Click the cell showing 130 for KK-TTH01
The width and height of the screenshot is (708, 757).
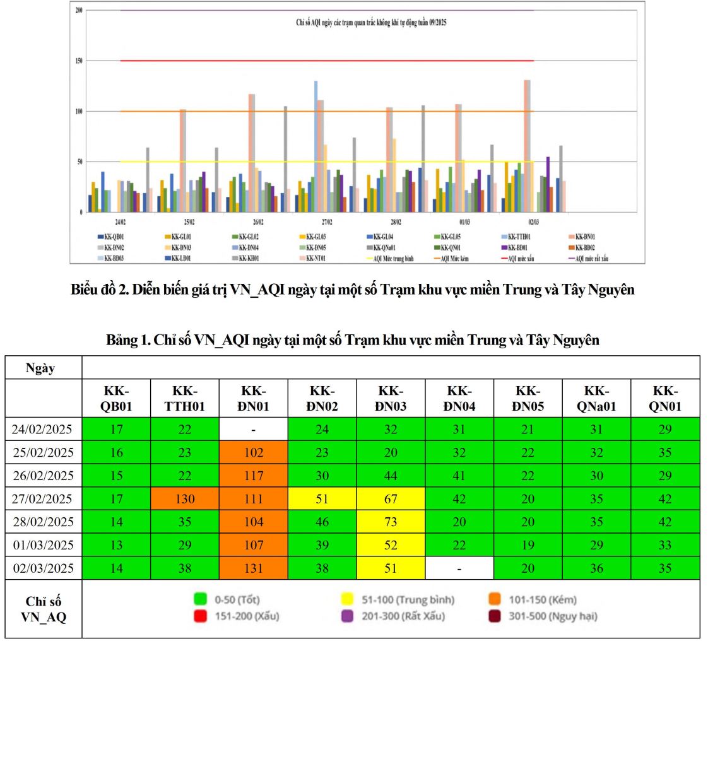[184, 499]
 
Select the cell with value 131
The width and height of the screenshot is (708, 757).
[253, 568]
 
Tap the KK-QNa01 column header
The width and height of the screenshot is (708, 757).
[596, 399]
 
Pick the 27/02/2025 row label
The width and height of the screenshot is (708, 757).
[43, 499]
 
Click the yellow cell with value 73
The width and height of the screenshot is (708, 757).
[391, 522]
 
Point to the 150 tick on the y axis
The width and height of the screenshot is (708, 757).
[79, 61]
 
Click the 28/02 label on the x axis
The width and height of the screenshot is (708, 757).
[396, 223]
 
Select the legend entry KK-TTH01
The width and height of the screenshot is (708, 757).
[519, 237]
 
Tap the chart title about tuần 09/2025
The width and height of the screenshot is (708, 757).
[371, 23]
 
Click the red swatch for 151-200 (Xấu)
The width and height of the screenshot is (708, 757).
[201, 616]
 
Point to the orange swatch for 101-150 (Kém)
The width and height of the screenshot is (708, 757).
[495, 599]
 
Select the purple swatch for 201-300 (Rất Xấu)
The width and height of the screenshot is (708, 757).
[348, 616]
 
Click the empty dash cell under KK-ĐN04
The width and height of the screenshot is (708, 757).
[459, 568]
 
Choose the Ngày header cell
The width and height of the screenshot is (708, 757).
[40, 368]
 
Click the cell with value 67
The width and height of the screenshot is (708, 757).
[391, 499]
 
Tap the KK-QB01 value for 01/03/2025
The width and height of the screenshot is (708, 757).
[116, 545]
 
